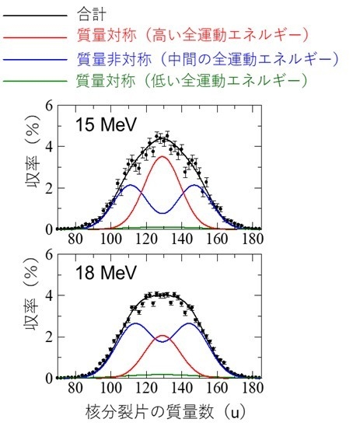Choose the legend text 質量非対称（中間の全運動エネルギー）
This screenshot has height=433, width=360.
coord(208,58)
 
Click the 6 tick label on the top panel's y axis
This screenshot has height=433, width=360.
coord(49,106)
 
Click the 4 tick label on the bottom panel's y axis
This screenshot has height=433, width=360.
coord(49,296)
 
